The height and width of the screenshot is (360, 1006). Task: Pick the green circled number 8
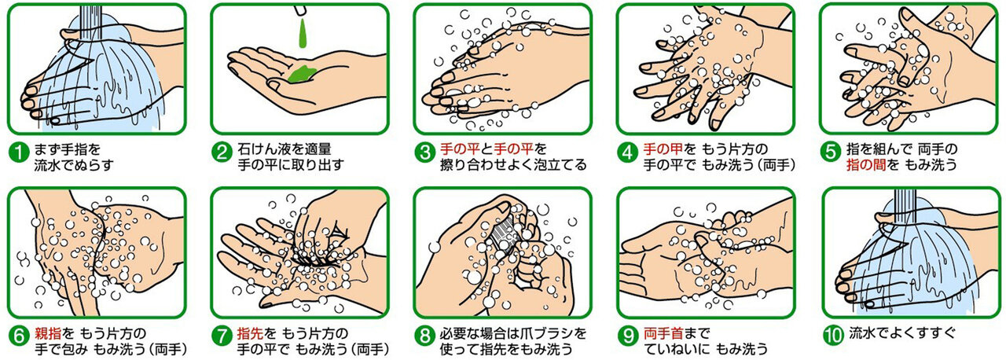(x=424, y=336)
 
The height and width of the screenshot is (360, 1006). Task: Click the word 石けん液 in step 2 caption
(x=264, y=147)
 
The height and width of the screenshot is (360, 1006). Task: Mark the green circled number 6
(x=17, y=336)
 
